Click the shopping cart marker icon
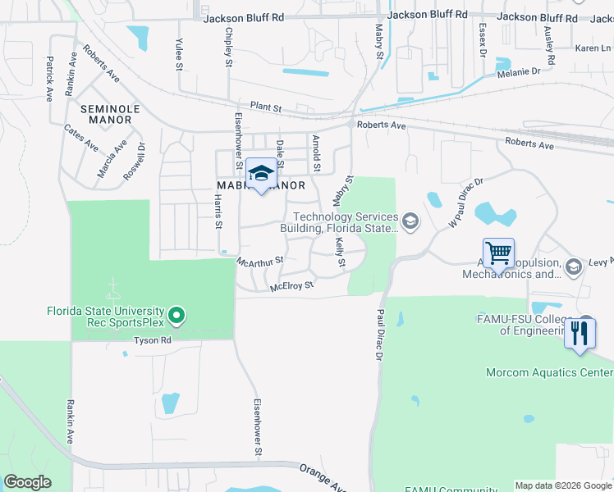click(498, 253)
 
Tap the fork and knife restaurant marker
click(580, 334)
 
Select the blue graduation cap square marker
click(261, 173)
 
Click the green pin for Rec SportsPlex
click(175, 316)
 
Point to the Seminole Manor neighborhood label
click(105, 114)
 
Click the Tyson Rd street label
click(153, 339)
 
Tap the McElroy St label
click(292, 286)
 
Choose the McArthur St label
click(259, 261)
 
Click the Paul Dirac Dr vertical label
click(379, 335)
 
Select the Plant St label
click(266, 107)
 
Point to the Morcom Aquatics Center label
click(549, 372)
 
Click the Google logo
click(27, 482)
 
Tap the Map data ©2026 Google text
click(563, 485)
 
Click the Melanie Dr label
click(519, 72)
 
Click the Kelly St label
click(339, 252)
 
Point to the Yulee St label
click(179, 54)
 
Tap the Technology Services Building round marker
click(410, 220)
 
